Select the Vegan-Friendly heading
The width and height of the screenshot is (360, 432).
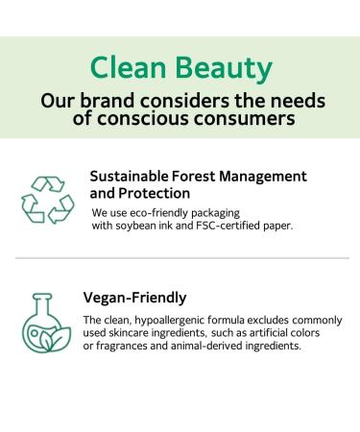click(x=134, y=298)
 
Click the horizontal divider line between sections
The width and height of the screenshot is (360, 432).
click(x=180, y=258)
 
